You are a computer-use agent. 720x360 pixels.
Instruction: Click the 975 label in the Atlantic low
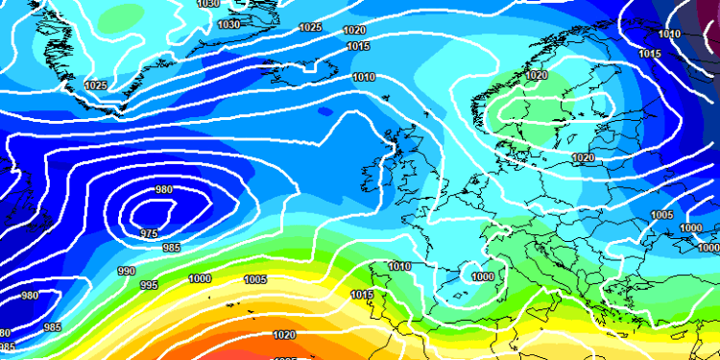149,233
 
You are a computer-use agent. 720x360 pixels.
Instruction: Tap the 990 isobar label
126,272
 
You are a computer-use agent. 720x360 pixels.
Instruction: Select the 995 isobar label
149,285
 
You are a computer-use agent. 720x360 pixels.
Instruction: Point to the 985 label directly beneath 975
171,248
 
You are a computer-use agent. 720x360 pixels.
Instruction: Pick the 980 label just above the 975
164,189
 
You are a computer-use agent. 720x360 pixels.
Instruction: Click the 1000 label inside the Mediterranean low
483,276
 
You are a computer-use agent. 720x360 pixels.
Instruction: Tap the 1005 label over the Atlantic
255,279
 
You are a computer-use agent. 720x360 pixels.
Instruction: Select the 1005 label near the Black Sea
661,215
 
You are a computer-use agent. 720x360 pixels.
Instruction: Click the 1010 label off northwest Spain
399,266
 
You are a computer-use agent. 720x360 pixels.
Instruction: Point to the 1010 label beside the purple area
670,35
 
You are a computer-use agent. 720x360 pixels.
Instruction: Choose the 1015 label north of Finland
649,54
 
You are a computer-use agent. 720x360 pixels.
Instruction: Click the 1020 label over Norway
536,75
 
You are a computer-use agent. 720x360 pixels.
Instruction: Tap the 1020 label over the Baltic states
582,157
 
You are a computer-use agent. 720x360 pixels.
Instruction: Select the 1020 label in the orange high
284,335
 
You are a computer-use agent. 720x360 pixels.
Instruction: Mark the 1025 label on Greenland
96,85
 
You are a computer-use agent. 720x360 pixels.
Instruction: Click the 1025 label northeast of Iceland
310,28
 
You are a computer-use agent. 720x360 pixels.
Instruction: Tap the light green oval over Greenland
125,17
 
